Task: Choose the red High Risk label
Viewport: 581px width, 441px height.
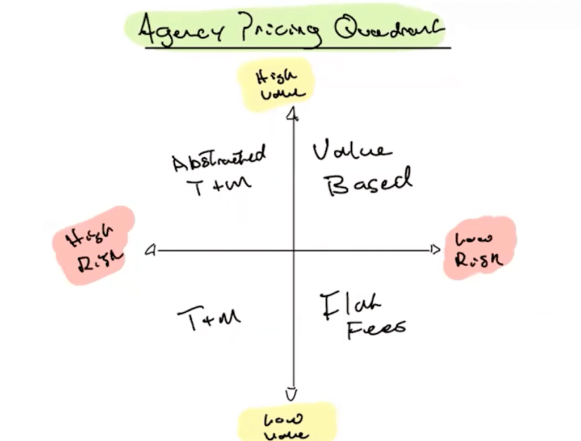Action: (93, 245)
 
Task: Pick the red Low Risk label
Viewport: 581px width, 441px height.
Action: (479, 248)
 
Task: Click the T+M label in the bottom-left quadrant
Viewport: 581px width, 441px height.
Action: (209, 319)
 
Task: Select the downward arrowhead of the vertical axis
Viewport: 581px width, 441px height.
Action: (292, 393)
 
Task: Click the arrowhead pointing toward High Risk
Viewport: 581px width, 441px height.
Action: (150, 250)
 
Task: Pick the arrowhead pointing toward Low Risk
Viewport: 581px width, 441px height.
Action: (436, 250)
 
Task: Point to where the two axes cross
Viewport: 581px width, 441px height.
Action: (293, 250)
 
